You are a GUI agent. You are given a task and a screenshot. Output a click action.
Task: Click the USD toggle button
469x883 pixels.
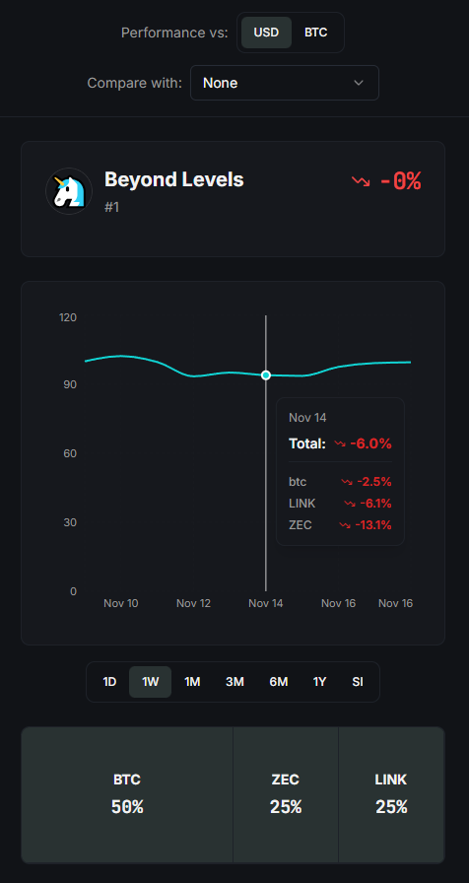pos(266,33)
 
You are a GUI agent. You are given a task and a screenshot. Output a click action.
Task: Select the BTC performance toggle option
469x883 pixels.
pos(316,33)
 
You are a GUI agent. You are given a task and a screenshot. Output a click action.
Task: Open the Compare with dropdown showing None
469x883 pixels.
pos(285,83)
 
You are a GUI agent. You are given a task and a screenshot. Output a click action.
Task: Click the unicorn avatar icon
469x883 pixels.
pos(69,191)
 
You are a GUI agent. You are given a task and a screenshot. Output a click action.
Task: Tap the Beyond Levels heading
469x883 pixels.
pos(174,179)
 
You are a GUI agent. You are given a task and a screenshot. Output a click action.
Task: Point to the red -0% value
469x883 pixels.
pos(401,181)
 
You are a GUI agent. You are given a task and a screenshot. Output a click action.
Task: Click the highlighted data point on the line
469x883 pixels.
pos(266,375)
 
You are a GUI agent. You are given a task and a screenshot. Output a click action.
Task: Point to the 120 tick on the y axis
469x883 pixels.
pos(68,317)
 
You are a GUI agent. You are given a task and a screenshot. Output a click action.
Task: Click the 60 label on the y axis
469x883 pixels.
pos(70,453)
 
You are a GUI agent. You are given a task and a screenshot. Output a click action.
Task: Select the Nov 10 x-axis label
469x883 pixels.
pos(121,603)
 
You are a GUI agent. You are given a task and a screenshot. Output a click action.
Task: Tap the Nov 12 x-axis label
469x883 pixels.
pos(194,603)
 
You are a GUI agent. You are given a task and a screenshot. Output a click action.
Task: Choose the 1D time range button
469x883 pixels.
pos(109,682)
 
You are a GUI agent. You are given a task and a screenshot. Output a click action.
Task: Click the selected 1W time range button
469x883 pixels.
pos(151,682)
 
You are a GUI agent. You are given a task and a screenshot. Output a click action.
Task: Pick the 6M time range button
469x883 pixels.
pos(279,682)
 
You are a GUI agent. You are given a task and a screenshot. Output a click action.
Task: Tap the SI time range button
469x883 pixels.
pos(358,682)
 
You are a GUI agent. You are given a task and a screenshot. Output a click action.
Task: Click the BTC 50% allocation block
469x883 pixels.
pos(127,794)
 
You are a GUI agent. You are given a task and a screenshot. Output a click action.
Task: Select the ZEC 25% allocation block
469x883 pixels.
pos(286,794)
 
